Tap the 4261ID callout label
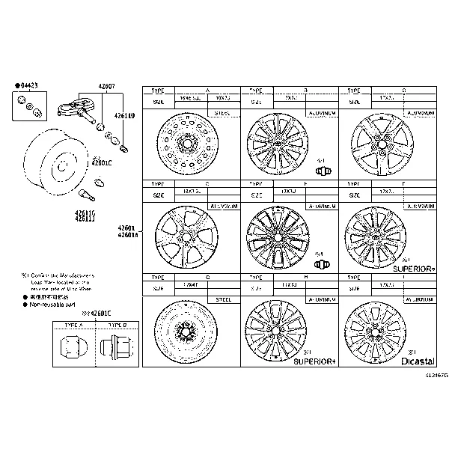(124, 116)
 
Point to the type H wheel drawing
(275, 329)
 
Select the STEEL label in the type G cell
(223, 298)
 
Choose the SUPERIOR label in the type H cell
(314, 361)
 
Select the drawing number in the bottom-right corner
(436, 375)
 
